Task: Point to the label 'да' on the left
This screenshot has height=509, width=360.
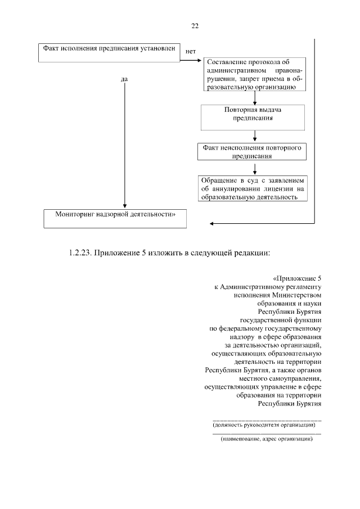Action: pyautogui.click(x=124, y=79)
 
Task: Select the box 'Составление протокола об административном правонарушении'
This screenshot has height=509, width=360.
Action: pyautogui.click(x=255, y=74)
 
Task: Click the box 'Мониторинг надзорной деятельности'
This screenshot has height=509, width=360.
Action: pyautogui.click(x=115, y=218)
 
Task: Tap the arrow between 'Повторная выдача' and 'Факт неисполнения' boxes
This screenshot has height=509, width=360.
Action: pyautogui.click(x=256, y=136)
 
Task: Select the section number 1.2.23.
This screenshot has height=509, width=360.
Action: pyautogui.click(x=80, y=254)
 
